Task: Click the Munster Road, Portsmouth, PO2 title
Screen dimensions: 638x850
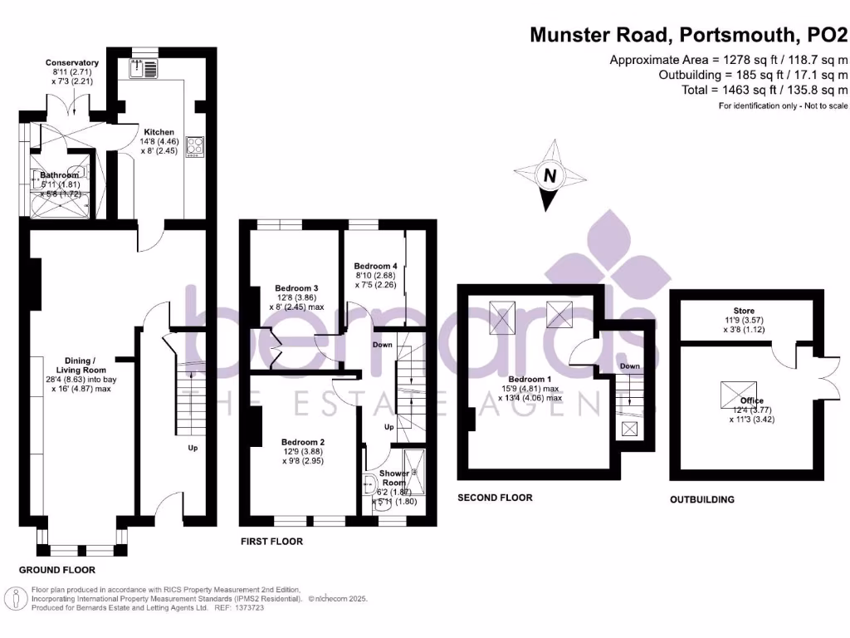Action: coord(689,35)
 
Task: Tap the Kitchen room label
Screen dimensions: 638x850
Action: coord(159,132)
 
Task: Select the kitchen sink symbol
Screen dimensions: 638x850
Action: coord(144,68)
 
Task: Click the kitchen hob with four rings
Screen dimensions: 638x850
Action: coord(196,147)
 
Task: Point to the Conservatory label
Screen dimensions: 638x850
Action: coord(72,63)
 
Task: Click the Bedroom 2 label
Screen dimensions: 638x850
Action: coord(302,442)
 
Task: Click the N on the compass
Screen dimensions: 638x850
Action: coord(549,176)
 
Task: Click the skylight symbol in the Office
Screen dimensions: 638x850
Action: coord(738,389)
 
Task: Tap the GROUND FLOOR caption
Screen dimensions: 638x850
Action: coord(57,571)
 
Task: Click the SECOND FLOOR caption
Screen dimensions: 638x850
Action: coord(495,498)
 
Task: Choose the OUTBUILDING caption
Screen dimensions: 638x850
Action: coord(702,500)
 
